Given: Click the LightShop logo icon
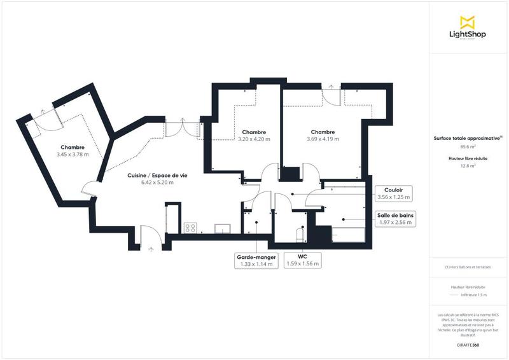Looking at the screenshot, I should (468, 22).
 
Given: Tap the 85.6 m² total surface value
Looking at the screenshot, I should (468, 146).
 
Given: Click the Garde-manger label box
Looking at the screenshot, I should (256, 260).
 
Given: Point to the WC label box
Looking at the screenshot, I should (303, 260).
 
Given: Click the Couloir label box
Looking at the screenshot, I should (395, 193).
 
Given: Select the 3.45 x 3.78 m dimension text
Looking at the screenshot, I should (73, 155).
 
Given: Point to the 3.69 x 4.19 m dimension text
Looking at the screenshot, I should (323, 139).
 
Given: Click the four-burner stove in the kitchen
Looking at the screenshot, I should (190, 227).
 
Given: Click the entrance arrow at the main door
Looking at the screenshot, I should (151, 249).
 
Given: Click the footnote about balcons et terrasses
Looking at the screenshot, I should (468, 268).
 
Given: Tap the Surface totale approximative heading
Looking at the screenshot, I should (468, 137).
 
